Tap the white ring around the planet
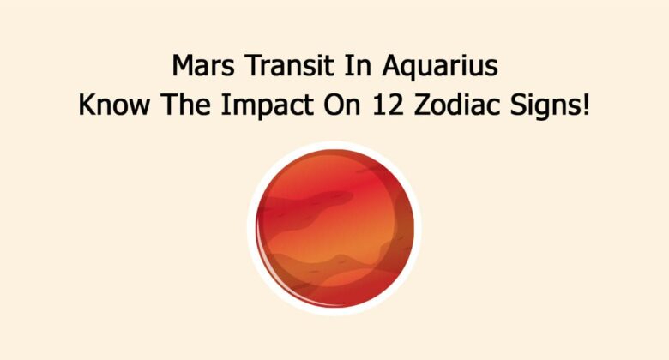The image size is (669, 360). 334,147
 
